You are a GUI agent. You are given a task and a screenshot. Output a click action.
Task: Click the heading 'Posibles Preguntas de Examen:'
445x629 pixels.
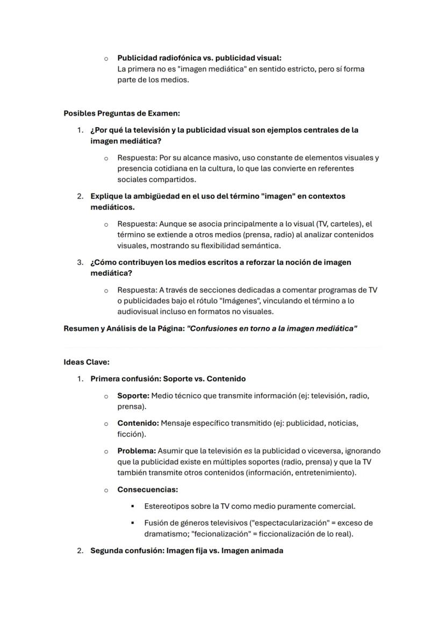point(121,113)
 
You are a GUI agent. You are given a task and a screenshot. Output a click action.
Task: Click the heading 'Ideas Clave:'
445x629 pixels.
point(87,362)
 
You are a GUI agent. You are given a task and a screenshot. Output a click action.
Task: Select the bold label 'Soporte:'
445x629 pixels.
point(133,395)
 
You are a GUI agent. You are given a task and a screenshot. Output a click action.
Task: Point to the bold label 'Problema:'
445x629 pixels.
point(137,451)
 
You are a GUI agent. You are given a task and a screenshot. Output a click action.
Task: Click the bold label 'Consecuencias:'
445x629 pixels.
point(148,489)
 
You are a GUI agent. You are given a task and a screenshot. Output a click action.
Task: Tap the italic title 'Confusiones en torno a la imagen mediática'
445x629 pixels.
point(272,328)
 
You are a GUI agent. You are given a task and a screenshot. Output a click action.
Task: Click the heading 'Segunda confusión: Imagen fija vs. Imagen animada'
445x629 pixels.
point(186,551)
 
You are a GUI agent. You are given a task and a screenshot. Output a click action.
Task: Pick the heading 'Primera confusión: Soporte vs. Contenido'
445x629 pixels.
point(168,379)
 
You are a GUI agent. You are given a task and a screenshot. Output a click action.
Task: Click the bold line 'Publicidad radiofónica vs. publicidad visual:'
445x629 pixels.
point(199,57)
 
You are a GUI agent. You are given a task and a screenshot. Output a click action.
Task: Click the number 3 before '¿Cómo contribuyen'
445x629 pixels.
point(79,263)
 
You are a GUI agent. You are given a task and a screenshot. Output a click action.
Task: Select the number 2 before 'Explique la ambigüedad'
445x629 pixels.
point(79,196)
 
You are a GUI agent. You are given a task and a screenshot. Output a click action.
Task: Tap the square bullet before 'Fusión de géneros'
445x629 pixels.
point(132,523)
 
